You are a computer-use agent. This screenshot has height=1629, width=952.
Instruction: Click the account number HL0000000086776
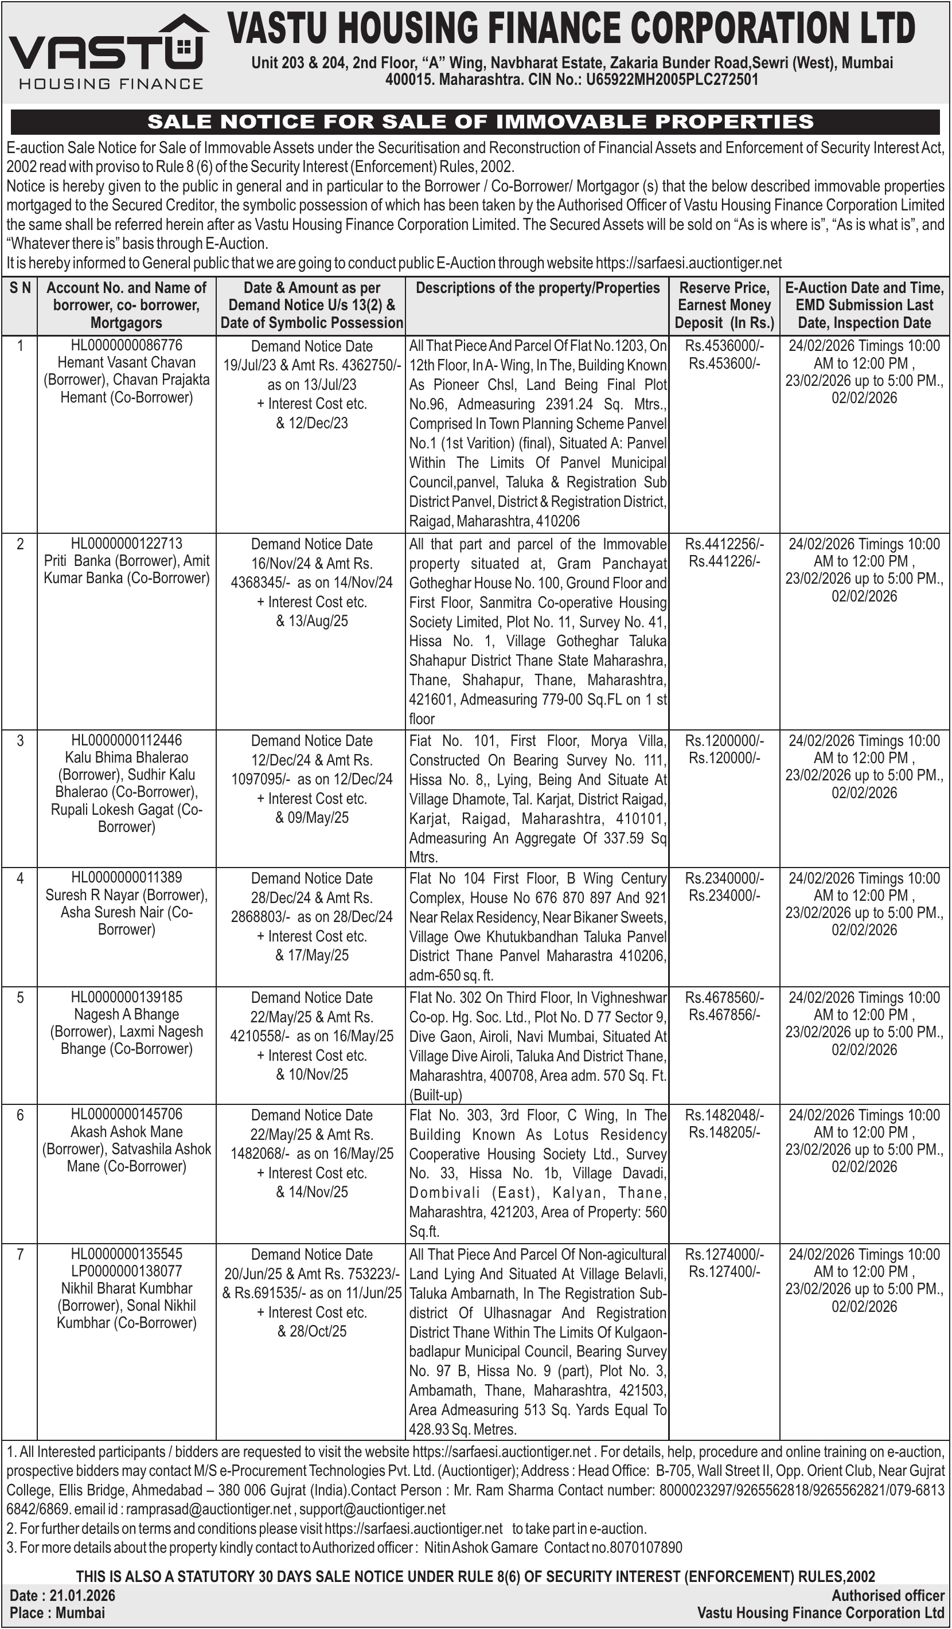[127, 345]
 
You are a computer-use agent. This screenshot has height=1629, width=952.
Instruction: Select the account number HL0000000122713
[127, 543]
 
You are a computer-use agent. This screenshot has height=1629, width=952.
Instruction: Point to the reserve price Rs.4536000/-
[724, 346]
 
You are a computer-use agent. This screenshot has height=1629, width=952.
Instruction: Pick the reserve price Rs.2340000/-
[724, 878]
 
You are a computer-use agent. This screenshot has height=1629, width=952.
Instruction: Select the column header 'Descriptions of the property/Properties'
[537, 288]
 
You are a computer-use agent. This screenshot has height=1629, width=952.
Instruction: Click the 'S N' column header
[20, 288]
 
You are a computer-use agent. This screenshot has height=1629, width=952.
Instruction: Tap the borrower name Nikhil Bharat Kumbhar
[127, 1288]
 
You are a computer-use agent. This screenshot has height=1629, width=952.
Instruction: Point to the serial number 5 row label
[20, 998]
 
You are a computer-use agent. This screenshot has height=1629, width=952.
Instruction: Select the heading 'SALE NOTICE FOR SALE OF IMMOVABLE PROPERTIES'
[480, 122]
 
